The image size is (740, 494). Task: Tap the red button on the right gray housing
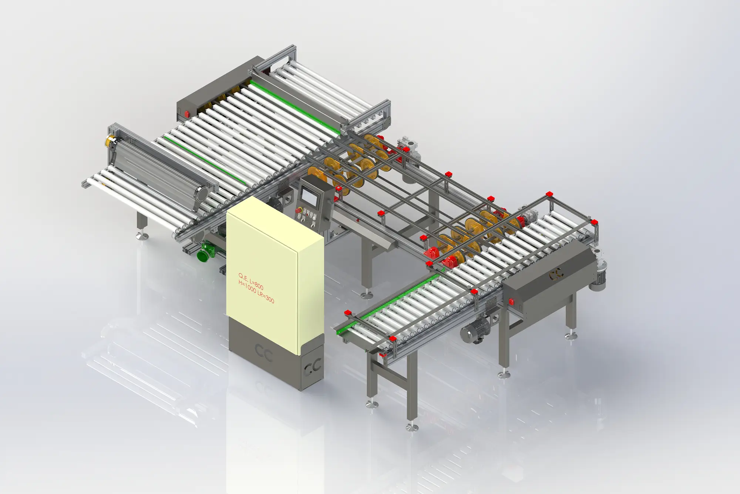coord(512,302)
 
